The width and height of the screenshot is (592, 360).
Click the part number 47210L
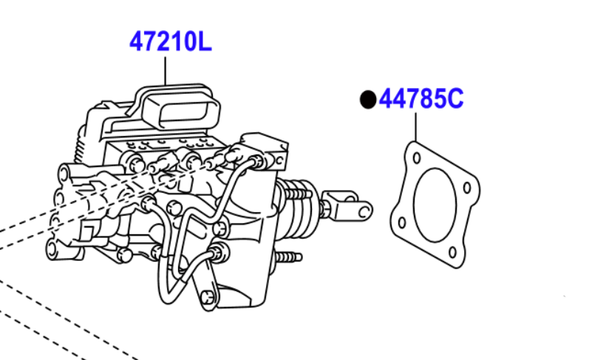click(x=170, y=41)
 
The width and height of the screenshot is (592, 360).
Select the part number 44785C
click(x=421, y=99)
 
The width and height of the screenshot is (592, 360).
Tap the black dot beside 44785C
click(x=368, y=100)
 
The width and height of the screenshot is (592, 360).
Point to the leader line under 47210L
click(x=165, y=71)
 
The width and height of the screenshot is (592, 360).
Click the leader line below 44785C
click(x=415, y=127)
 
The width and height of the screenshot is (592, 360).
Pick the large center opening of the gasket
click(x=435, y=205)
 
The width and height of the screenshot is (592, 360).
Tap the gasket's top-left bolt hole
click(x=416, y=157)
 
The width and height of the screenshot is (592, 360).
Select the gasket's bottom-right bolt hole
click(x=452, y=252)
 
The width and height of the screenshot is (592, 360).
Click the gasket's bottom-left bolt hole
click(x=402, y=223)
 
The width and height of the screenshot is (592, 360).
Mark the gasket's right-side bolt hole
click(x=467, y=187)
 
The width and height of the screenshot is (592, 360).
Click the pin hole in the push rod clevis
click(x=364, y=211)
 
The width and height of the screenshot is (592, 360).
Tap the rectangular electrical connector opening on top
click(x=182, y=111)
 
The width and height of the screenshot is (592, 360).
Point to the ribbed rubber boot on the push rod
click(x=299, y=210)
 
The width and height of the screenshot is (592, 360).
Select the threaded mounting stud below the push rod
click(x=289, y=258)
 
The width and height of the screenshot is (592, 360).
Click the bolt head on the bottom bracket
click(x=206, y=298)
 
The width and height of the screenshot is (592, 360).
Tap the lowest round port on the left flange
click(x=54, y=249)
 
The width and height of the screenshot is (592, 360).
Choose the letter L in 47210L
click(x=204, y=41)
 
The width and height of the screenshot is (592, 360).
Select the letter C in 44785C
click(x=455, y=99)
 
